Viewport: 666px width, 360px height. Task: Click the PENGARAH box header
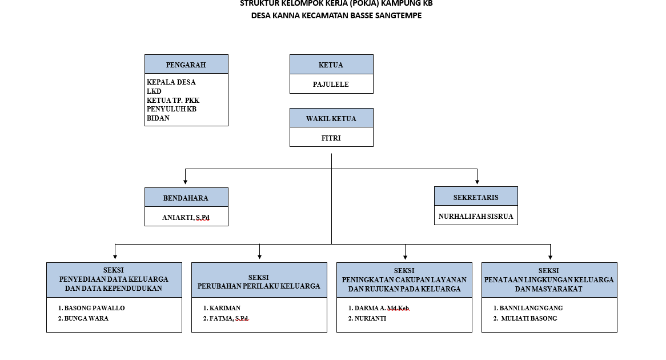(186, 64)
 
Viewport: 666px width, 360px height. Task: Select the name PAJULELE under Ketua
(331, 84)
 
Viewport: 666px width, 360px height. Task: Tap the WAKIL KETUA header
(331, 118)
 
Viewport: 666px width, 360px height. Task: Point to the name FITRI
(331, 138)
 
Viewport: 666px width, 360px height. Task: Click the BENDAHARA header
(186, 198)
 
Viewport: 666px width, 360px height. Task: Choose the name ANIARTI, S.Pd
(186, 218)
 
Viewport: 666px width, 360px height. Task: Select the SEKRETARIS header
(476, 197)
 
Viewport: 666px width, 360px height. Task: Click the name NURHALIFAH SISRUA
(476, 217)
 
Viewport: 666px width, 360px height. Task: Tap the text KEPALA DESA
(171, 82)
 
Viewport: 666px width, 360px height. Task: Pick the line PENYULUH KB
(171, 109)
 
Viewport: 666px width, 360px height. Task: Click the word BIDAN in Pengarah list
(158, 118)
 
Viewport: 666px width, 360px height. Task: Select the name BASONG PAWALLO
(94, 308)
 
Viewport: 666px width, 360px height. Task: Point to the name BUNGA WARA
(86, 318)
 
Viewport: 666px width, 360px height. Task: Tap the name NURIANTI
(370, 318)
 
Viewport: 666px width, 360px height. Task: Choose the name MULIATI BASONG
(529, 318)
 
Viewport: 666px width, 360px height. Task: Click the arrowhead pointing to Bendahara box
(185, 182)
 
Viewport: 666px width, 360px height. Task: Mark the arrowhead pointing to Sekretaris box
(477, 182)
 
